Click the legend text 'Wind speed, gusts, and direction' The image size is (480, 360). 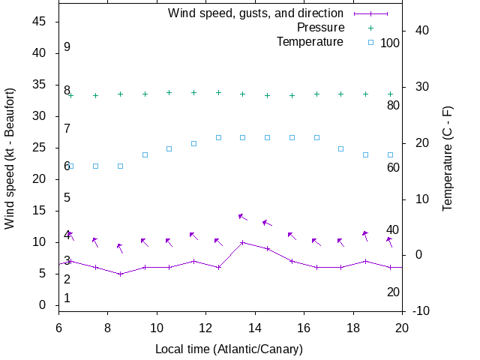pyautogui.click(x=255, y=13)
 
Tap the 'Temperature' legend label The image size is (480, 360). pyautogui.click(x=310, y=41)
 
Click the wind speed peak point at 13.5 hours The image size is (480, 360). pyautogui.click(x=242, y=242)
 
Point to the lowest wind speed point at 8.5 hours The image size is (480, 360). pyautogui.click(x=120, y=274)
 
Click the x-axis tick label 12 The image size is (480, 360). pyautogui.click(x=206, y=328)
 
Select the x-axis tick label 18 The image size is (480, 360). pyautogui.click(x=353, y=328)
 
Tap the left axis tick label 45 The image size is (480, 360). pyautogui.click(x=40, y=22)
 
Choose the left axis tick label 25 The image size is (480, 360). pyautogui.click(x=40, y=148)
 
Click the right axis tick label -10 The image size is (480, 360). pyautogui.click(x=418, y=311)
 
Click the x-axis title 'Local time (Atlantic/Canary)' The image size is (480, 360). pyautogui.click(x=229, y=349)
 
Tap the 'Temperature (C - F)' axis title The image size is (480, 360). pyautogui.click(x=448, y=157)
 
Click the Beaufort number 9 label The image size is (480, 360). pyautogui.click(x=67, y=46)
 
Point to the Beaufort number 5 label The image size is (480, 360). pyautogui.click(x=67, y=197)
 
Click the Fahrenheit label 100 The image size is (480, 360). pyautogui.click(x=390, y=43)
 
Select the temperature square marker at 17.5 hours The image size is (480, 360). pyautogui.click(x=340, y=148)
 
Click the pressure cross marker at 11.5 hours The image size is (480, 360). pyautogui.click(x=193, y=93)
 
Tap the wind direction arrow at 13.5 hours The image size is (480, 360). pyautogui.click(x=242, y=217)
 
